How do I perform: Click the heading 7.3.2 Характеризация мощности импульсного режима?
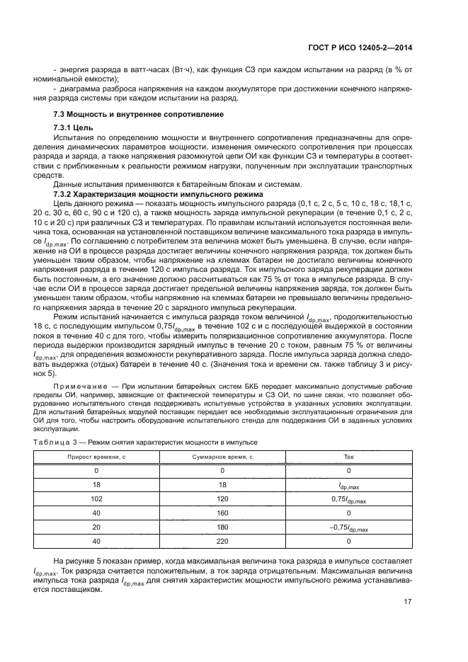[x=158, y=194]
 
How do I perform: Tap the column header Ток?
[x=348, y=457]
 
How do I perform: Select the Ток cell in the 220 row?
[x=348, y=542]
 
